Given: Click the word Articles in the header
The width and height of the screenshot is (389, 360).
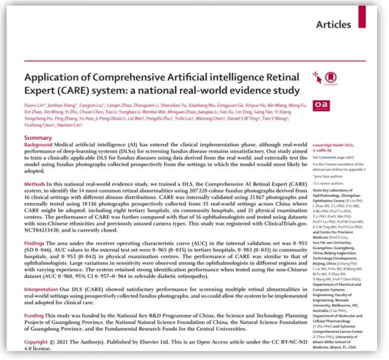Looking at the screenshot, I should click(x=334, y=25).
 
